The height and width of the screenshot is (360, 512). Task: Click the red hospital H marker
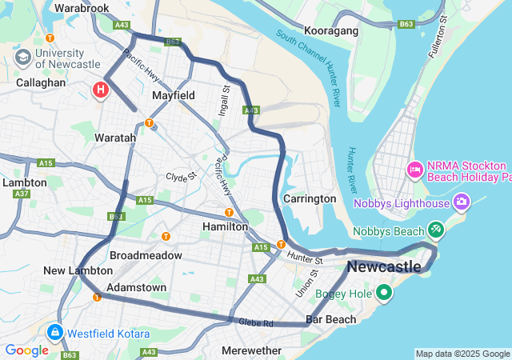pos(100,89)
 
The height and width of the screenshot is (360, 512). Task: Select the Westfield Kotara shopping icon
pos(55,331)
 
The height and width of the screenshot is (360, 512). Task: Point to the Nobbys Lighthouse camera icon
pos(462,202)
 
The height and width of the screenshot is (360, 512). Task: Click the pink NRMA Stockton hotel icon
pos(414,169)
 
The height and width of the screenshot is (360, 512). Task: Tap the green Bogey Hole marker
pos(384,292)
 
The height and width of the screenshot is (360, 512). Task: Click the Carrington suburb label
pos(309,198)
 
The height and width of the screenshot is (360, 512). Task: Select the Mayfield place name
pos(174,95)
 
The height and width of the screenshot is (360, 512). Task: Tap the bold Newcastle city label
pos(385,266)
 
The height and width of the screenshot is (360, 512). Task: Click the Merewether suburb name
pos(251,350)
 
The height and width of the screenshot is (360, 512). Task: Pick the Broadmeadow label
pos(146,255)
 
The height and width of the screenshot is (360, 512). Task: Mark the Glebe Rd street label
pos(256,322)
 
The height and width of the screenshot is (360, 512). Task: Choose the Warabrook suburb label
pos(82,8)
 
